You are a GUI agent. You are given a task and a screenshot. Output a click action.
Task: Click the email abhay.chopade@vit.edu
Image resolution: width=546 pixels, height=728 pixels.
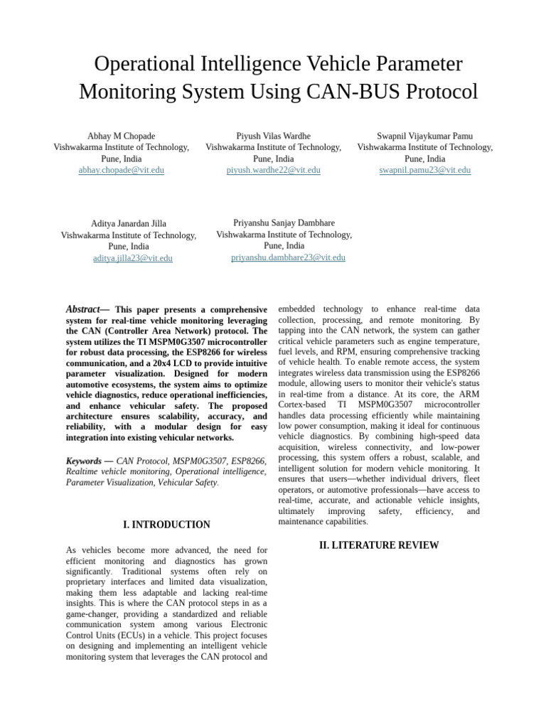[x=121, y=171]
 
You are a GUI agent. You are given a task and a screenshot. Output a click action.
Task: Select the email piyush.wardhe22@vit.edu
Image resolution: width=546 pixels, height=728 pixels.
[x=273, y=171]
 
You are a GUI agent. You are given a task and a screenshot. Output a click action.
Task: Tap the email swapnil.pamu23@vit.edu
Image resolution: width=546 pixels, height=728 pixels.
[x=424, y=171]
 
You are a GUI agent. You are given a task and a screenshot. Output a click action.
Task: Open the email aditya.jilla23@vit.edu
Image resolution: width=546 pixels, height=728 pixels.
[x=132, y=259]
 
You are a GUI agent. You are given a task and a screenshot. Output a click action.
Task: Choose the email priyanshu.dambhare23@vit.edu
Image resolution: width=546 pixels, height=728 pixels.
[x=288, y=257]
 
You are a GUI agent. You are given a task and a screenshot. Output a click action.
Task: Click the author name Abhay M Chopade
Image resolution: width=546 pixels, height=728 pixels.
[x=121, y=136]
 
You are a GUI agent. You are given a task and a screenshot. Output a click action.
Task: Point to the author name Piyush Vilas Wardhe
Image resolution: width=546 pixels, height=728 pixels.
[x=273, y=136]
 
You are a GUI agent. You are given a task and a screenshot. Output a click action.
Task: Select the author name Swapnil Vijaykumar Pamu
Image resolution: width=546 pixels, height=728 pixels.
[x=424, y=136]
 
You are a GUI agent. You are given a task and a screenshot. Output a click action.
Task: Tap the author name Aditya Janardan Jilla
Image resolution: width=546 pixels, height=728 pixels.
[x=129, y=223]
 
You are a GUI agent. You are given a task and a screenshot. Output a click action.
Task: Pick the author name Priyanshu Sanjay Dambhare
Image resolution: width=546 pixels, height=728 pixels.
[x=284, y=223]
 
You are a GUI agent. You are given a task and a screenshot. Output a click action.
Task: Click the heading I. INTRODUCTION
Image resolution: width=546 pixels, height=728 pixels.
[x=166, y=525]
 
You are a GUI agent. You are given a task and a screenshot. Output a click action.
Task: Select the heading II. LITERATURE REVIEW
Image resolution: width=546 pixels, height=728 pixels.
[x=379, y=545]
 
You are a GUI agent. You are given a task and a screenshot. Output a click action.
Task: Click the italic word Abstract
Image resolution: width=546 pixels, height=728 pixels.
[x=82, y=309]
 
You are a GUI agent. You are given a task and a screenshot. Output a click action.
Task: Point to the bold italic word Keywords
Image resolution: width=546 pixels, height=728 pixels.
[x=84, y=461]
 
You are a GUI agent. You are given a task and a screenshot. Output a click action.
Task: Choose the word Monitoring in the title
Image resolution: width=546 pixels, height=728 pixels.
[x=129, y=92]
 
